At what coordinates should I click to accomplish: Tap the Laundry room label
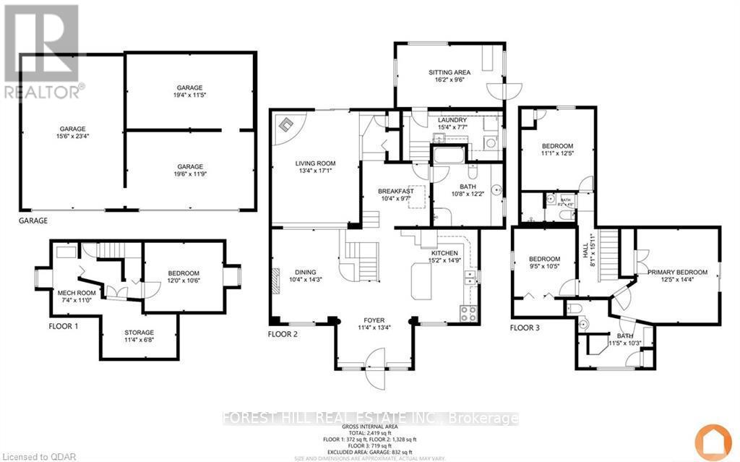pyautogui.click(x=452, y=120)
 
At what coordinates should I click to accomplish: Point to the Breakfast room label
pyautogui.click(x=395, y=191)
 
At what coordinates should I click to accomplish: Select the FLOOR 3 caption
pyautogui.click(x=525, y=327)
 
